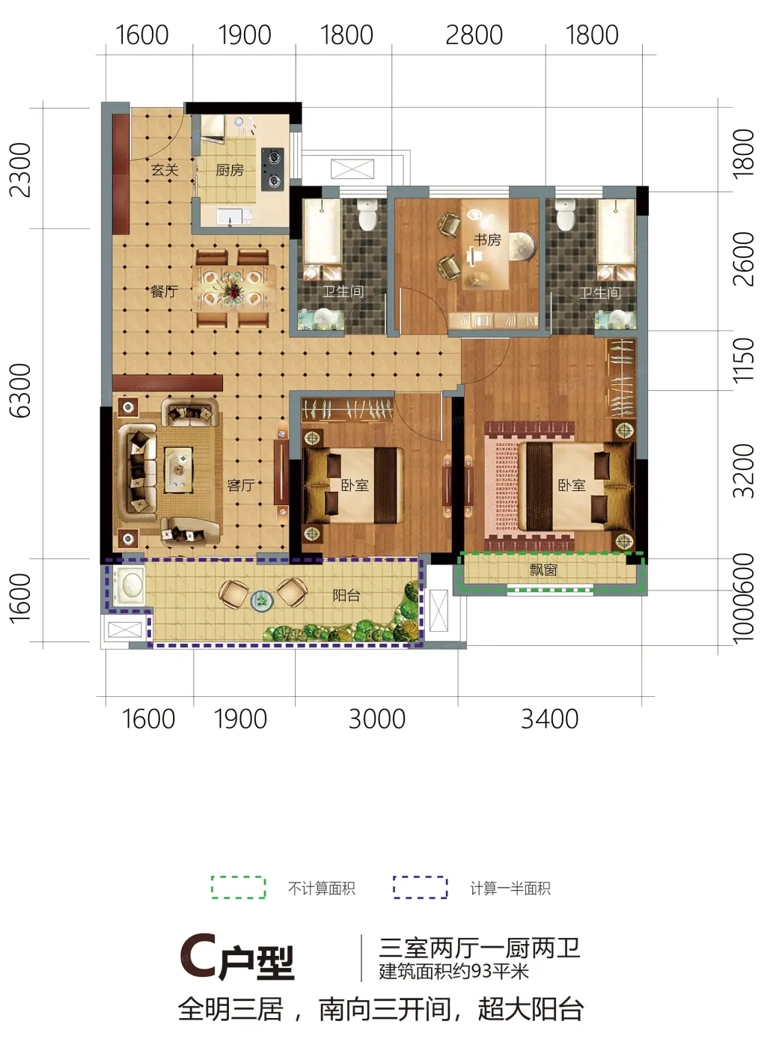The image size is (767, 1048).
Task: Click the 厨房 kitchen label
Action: click(230, 170)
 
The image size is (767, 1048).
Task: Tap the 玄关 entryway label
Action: click(165, 169)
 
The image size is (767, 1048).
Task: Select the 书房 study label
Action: click(487, 240)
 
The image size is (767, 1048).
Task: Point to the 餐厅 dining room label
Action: click(165, 291)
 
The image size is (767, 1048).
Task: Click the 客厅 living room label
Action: click(241, 485)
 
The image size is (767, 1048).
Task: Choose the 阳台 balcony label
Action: click(346, 595)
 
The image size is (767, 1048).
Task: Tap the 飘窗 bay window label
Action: click(543, 570)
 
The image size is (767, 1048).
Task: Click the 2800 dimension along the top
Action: click(474, 35)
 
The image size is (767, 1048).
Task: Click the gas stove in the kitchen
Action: click(272, 169)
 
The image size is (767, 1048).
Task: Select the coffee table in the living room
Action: click(178, 469)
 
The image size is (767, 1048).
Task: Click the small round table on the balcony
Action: click(262, 600)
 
